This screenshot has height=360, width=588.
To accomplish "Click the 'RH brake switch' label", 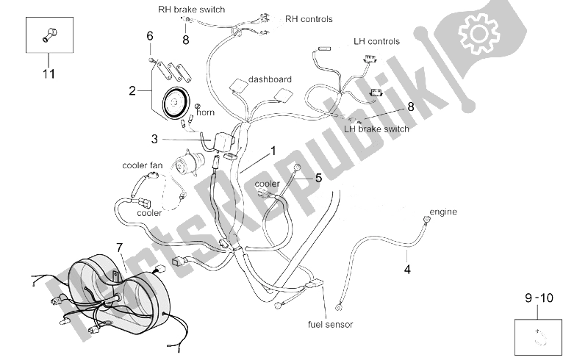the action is tap(191, 10).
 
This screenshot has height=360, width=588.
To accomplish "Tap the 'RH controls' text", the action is tap(309, 19).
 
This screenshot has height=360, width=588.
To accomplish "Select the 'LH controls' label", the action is tap(376, 41).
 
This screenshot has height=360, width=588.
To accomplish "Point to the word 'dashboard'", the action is tap(270, 79).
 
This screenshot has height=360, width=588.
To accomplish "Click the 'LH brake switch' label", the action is tap(376, 129).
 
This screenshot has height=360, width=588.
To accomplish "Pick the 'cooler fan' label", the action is tap(143, 165).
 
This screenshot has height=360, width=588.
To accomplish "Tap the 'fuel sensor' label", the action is tap(330, 325).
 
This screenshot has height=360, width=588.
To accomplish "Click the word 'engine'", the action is tap(443, 212).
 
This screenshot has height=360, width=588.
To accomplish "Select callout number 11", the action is tap(49, 74).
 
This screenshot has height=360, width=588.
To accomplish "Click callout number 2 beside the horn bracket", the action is tap(132, 91).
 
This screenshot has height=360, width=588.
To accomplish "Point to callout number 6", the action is tap(150, 36).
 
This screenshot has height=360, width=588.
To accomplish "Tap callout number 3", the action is tap(154, 139).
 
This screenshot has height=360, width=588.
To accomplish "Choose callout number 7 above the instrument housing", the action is tap(119, 248).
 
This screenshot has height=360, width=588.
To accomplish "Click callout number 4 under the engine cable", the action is tap(407, 269).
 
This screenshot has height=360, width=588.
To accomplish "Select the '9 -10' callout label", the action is tap(539, 298).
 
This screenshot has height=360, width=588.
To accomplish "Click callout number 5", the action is tap(318, 178).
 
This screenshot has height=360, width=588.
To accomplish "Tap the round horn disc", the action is tap(174, 102).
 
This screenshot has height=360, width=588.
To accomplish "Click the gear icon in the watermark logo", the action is tap(479, 33).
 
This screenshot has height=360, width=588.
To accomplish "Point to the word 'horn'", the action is tap(206, 112).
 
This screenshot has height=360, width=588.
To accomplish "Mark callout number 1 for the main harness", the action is tap(273, 151).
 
